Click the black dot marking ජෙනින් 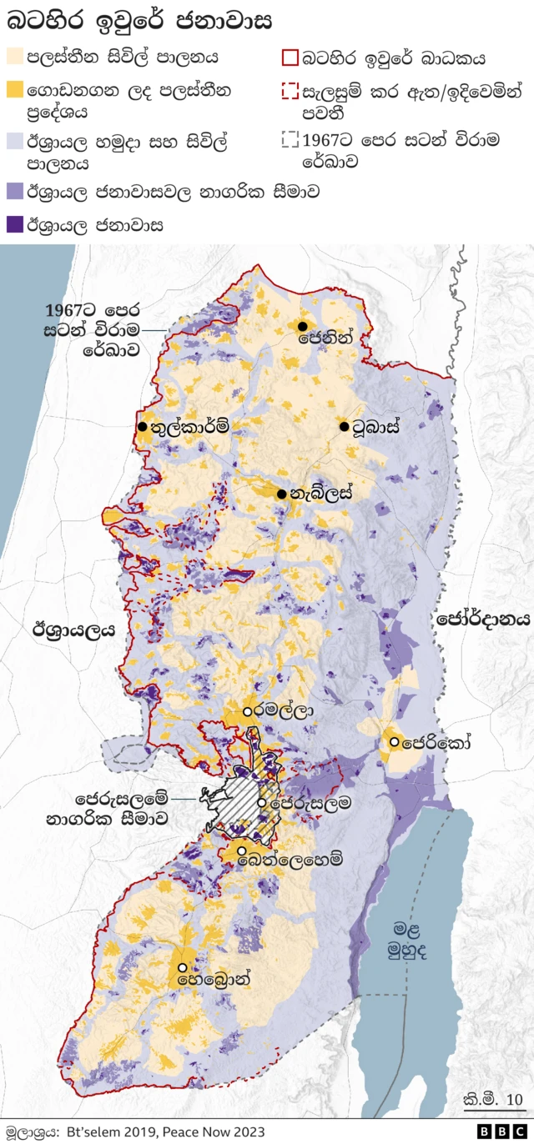pos(303,326)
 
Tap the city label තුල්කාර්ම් pos(189,427)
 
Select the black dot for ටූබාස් pos(344,427)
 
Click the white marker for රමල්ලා pos(248,711)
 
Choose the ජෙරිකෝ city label pos(435,741)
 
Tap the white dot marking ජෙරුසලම pos(262,803)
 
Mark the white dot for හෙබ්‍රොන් pos(182,967)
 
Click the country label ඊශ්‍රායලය pos(73,630)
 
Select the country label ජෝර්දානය pos(483,619)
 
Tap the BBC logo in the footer pos(497,1131)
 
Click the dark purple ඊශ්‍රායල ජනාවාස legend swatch pos(15,224)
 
